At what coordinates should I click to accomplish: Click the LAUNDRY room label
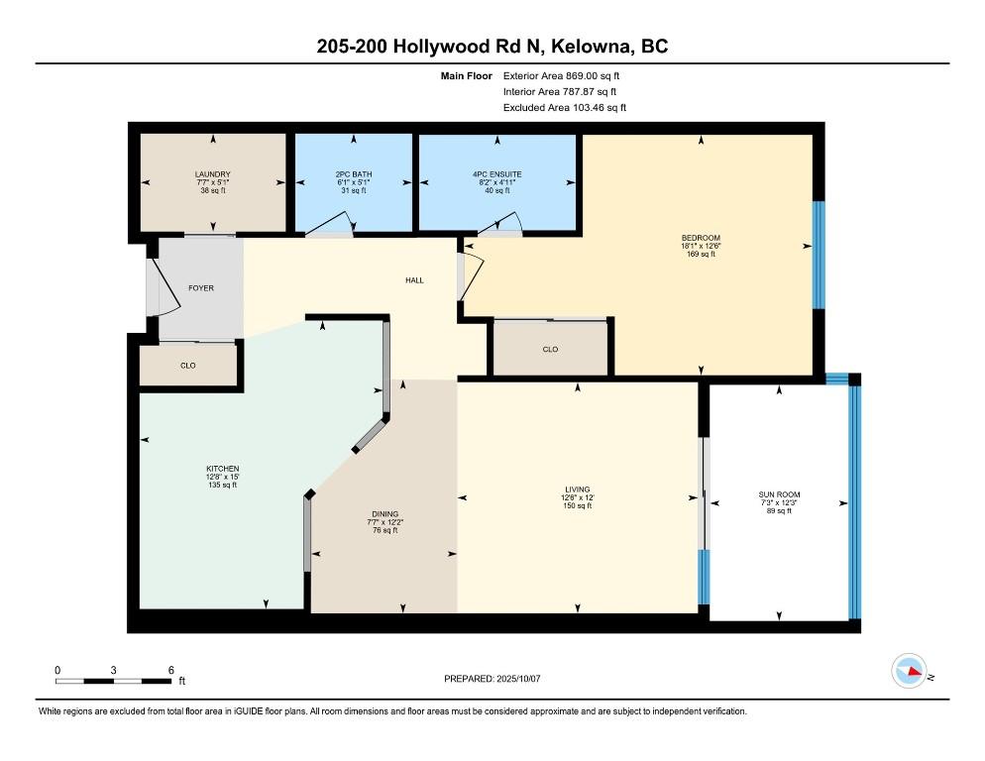coord(213,174)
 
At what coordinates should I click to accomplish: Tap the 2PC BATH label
coord(354,174)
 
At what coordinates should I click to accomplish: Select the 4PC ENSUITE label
coord(497,174)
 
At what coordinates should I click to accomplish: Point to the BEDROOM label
coord(701,238)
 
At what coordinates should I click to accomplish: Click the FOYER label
coord(201,287)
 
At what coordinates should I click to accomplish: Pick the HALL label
coord(414,280)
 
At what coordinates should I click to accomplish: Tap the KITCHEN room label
coord(223,468)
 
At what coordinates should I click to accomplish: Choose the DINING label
coord(385,514)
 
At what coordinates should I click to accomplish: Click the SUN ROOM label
coord(780,494)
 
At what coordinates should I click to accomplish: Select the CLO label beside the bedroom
coord(550,350)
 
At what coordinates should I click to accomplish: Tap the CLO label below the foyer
coord(188,365)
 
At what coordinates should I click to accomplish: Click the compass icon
coord(910,671)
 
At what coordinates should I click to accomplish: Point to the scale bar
coord(113,681)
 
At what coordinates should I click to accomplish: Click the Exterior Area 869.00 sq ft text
coord(561,76)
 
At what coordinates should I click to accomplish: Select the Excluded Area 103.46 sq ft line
coord(565,107)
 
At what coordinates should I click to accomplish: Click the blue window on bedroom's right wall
coord(819,255)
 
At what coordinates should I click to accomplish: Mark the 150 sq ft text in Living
coord(578,505)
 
